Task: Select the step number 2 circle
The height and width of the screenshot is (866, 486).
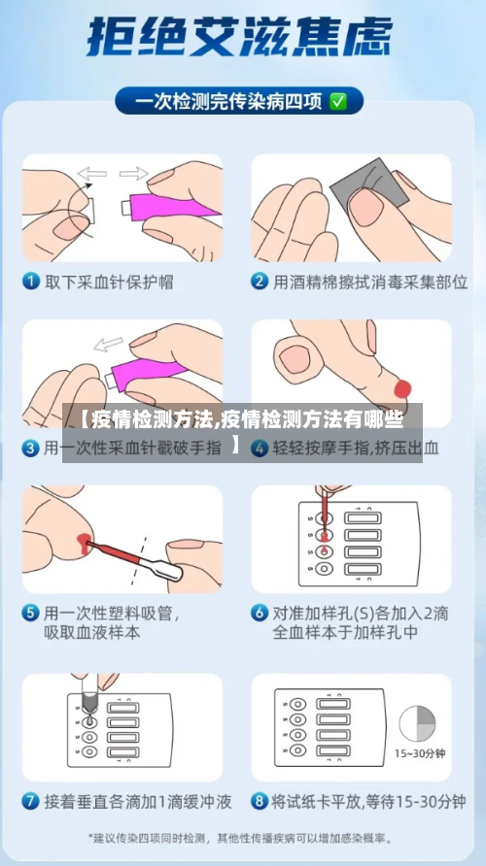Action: coord(260,282)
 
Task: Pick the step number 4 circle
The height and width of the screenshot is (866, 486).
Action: coord(260,449)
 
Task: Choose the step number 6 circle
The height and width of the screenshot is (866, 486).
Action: coord(260,614)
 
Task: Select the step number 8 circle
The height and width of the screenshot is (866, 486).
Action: coord(260,802)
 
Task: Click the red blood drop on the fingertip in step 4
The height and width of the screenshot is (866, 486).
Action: coord(402,389)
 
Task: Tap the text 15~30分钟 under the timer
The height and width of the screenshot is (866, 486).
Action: coord(419,753)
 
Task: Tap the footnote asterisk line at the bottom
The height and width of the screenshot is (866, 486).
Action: coord(242,837)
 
